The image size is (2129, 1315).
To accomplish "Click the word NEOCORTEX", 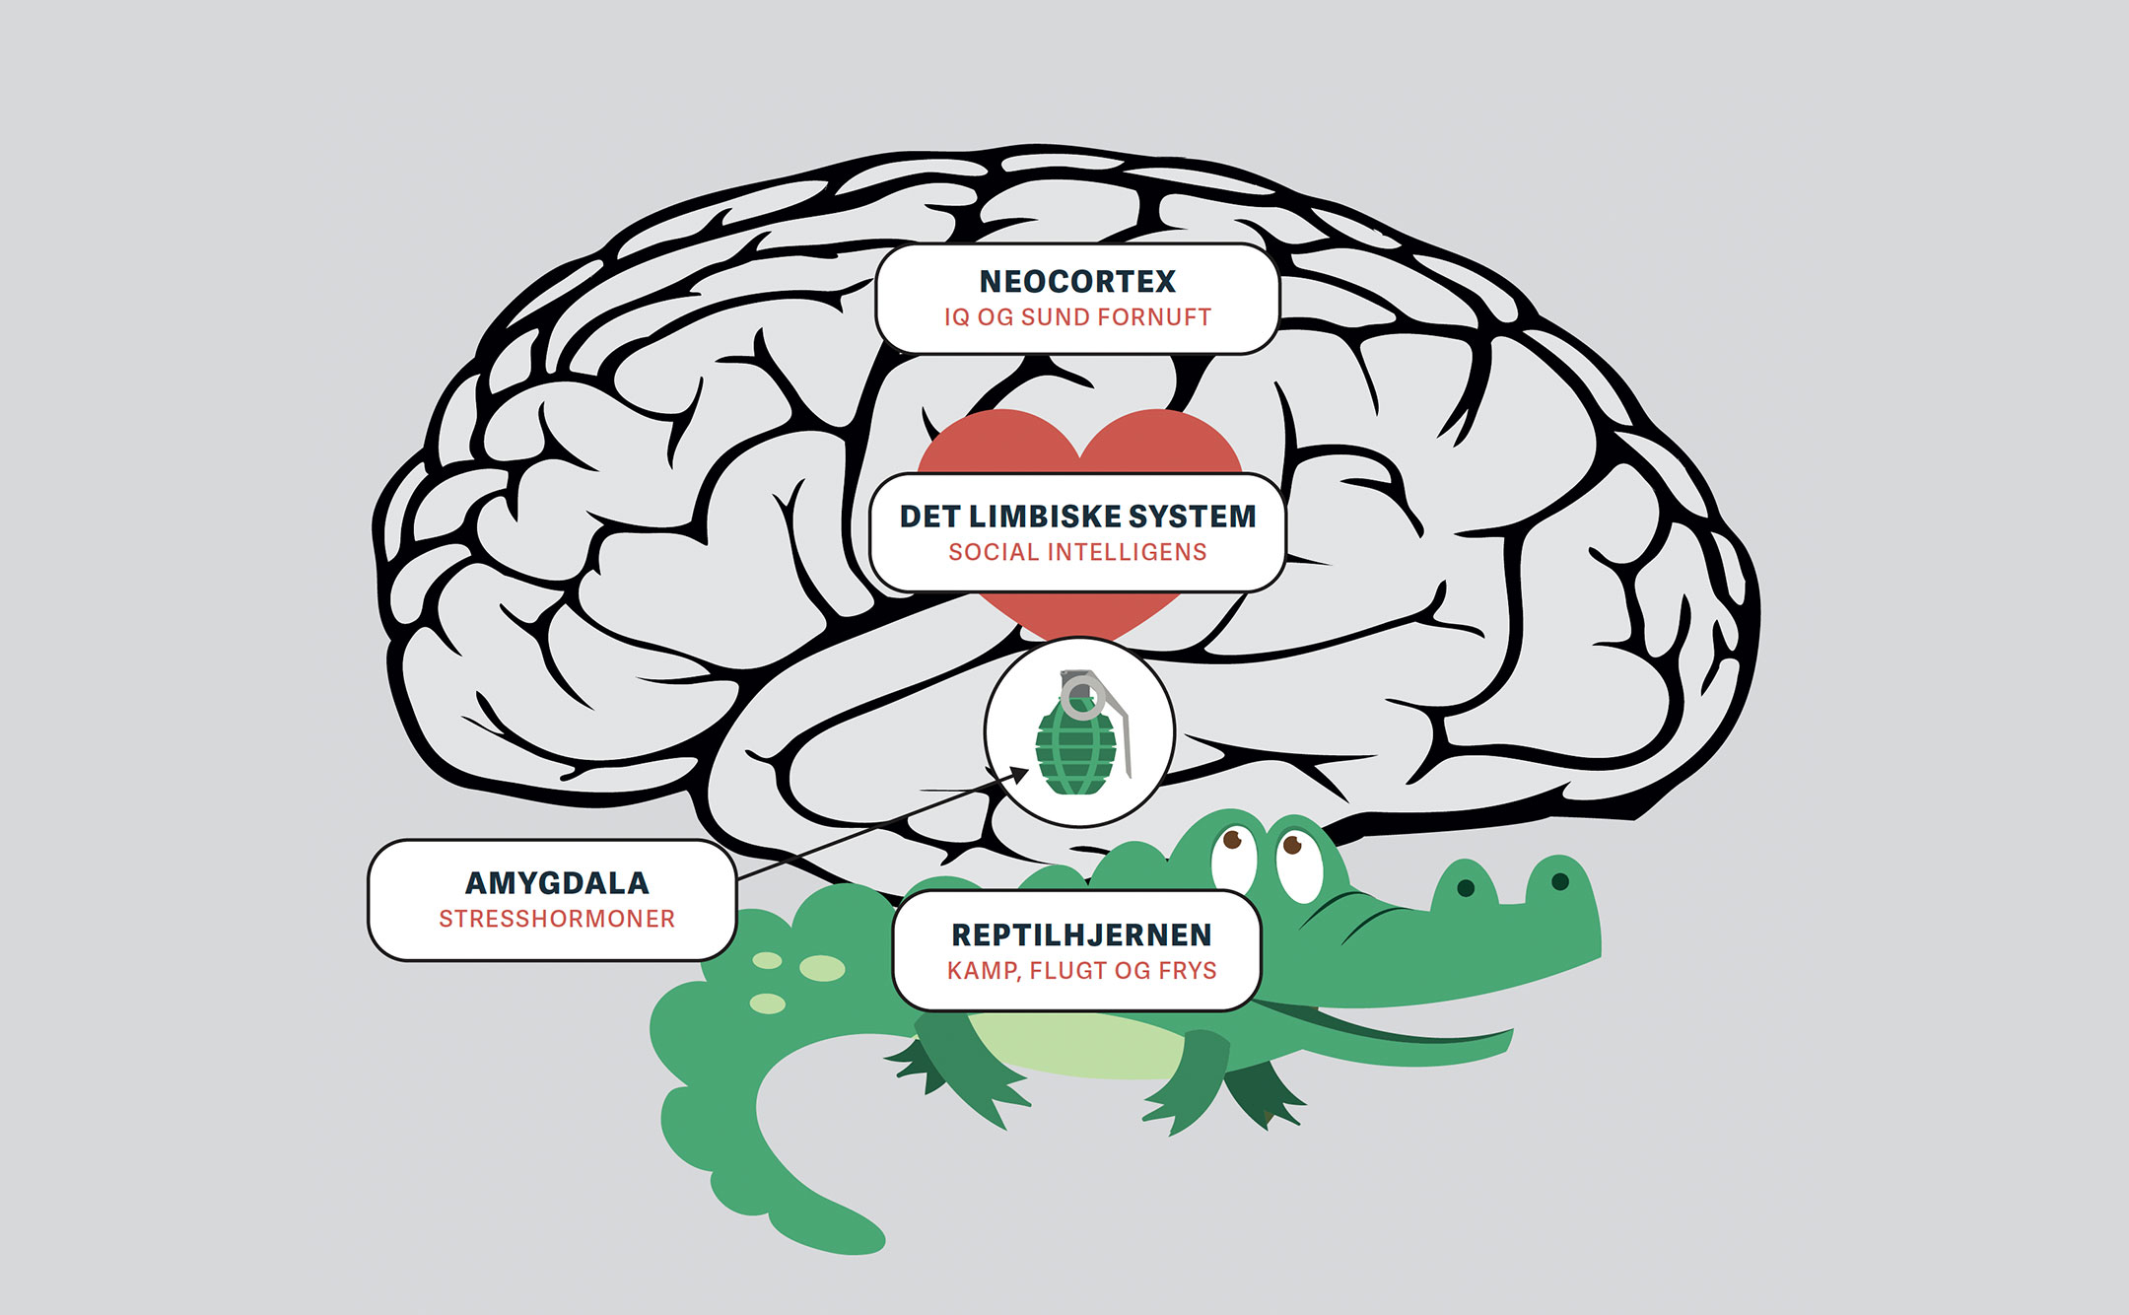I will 1077,282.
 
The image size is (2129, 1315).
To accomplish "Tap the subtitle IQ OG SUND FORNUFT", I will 1077,317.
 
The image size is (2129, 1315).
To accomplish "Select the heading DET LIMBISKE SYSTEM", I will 1077,517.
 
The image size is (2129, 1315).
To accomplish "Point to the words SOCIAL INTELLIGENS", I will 1077,552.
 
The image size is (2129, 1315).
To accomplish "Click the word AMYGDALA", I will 557,883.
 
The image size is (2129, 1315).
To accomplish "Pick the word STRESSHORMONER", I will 557,919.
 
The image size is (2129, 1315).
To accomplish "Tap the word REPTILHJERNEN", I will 1081,934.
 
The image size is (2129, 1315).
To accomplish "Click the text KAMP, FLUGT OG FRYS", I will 1081,971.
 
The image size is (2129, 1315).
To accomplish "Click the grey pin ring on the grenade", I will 1081,696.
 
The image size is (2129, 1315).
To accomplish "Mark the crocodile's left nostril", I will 1466,887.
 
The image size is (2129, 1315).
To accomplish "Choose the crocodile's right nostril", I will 1559,880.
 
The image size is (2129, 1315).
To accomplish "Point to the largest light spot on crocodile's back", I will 822,968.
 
